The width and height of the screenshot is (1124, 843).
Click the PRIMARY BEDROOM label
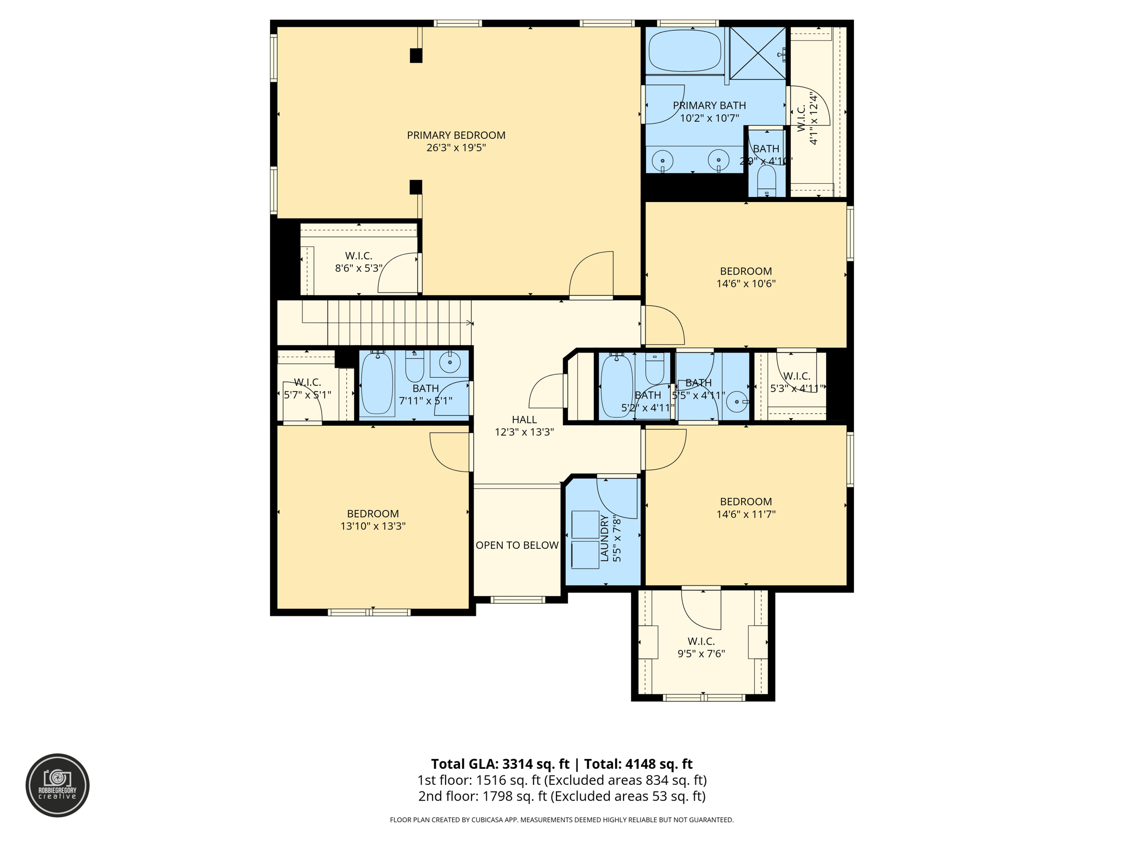pyautogui.click(x=456, y=136)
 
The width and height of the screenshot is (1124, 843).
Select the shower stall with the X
pyautogui.click(x=757, y=53)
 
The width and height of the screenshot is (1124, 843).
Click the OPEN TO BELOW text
pyautogui.click(x=517, y=545)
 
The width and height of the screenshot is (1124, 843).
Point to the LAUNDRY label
pyautogui.click(x=604, y=538)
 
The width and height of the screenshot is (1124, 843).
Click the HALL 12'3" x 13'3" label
pyautogui.click(x=524, y=426)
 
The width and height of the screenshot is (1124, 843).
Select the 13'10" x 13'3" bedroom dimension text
pyautogui.click(x=373, y=526)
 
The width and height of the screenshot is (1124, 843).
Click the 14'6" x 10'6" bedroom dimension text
pyautogui.click(x=746, y=284)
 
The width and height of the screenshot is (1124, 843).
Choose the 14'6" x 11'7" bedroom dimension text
pyautogui.click(x=746, y=514)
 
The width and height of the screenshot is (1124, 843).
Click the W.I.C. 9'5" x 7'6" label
pyautogui.click(x=701, y=647)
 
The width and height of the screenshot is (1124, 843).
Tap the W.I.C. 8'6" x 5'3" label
pyautogui.click(x=358, y=262)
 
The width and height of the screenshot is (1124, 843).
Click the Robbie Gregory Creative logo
pyautogui.click(x=58, y=785)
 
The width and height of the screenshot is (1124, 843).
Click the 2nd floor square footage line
pyautogui.click(x=561, y=796)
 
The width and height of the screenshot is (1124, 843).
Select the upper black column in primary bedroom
pyautogui.click(x=416, y=55)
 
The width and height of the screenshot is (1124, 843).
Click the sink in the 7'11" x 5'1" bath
pyautogui.click(x=450, y=362)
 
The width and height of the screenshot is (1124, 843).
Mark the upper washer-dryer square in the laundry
pyautogui.click(x=585, y=524)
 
